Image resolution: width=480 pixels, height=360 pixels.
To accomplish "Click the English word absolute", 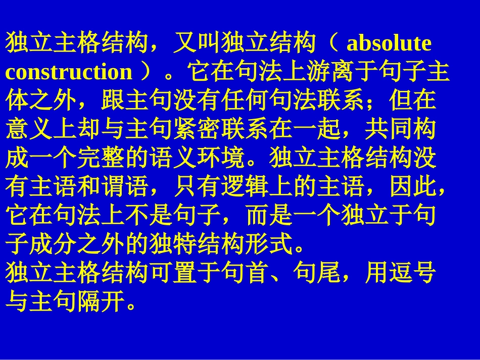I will point(389,44).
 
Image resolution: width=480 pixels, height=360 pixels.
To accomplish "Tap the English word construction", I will point(69,72).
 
